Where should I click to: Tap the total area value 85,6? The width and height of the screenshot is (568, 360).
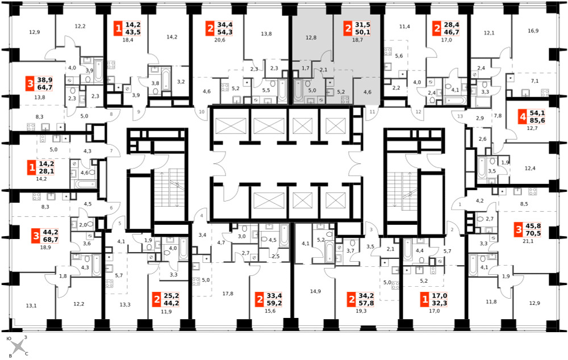[x=537, y=120]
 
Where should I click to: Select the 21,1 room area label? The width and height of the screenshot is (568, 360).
[x=528, y=241]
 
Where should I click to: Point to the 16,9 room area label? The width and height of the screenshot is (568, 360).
[x=533, y=31]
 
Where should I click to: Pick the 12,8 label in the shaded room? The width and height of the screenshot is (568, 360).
[x=311, y=37]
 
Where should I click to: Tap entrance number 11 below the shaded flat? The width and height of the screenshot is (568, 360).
[x=373, y=112]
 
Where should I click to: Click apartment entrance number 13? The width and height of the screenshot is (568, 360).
[x=460, y=116]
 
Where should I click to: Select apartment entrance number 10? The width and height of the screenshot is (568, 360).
[x=202, y=111]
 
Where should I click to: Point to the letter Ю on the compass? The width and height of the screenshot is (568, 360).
[x=10, y=338]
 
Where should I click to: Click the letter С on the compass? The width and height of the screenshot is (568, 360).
[x=27, y=354]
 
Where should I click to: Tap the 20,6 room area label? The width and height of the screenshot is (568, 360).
[x=219, y=40]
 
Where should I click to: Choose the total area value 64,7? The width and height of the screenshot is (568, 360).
[x=45, y=87]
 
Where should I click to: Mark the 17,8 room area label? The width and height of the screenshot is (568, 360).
[x=228, y=294]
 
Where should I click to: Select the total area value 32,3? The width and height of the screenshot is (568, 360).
[x=440, y=303]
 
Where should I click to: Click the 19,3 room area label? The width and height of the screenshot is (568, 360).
[x=361, y=311]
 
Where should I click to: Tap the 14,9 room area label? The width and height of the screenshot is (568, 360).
[x=315, y=291]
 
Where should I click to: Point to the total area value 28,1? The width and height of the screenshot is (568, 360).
[x=46, y=170]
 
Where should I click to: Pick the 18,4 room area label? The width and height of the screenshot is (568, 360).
[x=128, y=40]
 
